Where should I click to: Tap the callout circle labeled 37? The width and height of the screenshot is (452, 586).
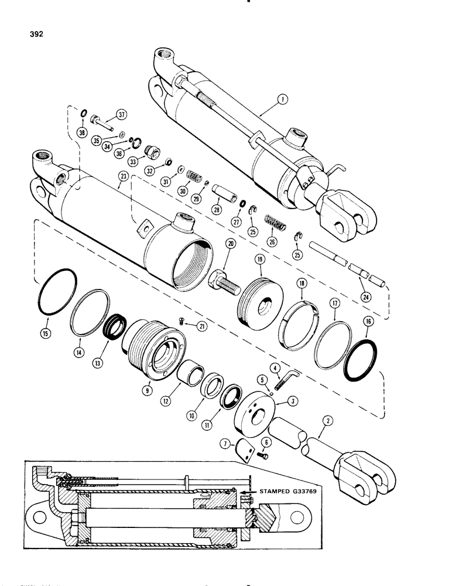pos(121,114)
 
